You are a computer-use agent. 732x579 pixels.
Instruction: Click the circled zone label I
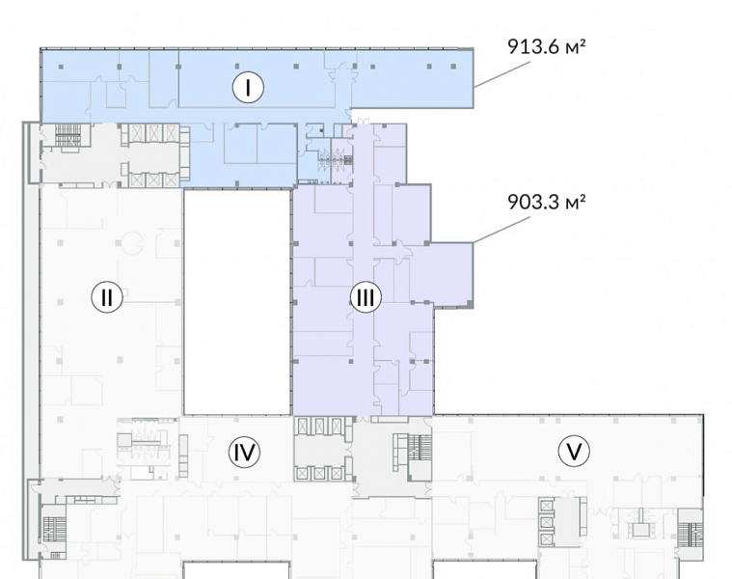248,87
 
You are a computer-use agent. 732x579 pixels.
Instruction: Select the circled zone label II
107,296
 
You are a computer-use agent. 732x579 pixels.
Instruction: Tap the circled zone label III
366,297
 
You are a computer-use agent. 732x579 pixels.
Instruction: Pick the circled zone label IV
244,452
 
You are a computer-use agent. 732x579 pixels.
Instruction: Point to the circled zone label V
574,452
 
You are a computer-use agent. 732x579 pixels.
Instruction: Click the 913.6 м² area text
546,46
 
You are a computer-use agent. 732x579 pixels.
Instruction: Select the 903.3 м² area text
546,203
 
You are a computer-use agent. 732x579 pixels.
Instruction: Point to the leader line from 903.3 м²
502,230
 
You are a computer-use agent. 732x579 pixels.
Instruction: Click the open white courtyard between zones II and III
237,302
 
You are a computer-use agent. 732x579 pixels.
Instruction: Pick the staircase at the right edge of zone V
691,535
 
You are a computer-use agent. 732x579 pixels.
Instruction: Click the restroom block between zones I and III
336,159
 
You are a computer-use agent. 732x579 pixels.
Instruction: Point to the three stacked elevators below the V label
546,522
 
